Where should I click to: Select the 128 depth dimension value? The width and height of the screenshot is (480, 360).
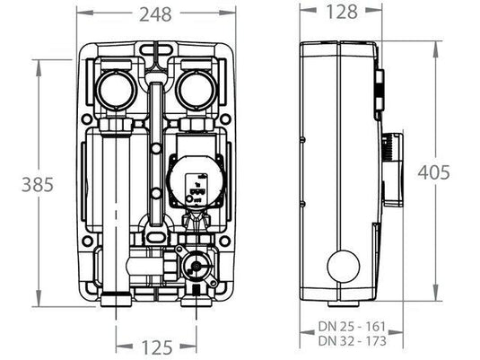coord(341,13)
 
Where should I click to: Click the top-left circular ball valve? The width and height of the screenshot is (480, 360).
coord(117,90)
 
